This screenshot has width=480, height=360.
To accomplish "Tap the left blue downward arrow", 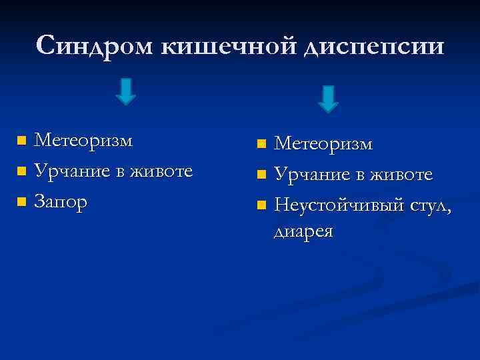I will click(125, 91).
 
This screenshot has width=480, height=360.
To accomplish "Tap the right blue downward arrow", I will click(327, 98).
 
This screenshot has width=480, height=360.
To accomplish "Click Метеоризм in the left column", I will click(83, 141).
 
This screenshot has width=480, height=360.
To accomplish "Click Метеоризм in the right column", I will click(324, 144).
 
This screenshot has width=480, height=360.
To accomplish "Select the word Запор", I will click(61, 202).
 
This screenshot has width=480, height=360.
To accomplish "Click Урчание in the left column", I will click(73, 171).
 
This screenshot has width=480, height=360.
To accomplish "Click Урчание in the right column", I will click(313, 175).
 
